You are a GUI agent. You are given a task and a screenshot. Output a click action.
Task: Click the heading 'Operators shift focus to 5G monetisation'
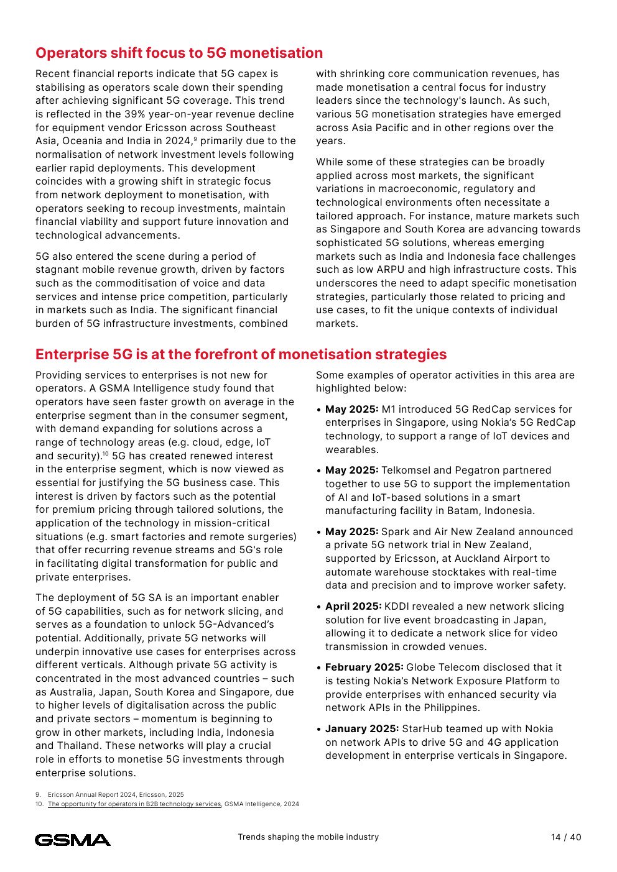(179, 53)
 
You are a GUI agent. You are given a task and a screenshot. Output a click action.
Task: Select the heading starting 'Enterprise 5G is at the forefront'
(241, 354)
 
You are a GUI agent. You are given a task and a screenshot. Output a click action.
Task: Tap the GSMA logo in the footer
(73, 840)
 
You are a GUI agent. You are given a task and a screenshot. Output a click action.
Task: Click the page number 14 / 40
(566, 837)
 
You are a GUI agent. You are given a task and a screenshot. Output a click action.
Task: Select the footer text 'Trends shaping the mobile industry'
(308, 837)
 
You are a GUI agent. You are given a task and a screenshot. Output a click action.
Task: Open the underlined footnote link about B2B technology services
(134, 804)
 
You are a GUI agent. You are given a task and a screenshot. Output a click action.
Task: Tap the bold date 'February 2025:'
(364, 668)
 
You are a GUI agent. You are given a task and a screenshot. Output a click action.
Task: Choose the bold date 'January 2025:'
(362, 729)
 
